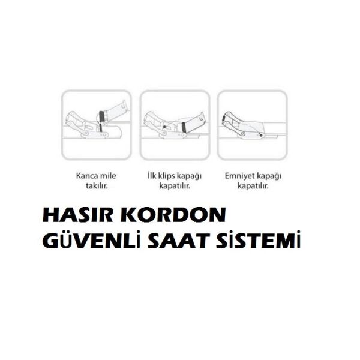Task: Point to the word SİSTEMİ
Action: tap(261, 241)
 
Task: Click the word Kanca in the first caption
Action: tap(87, 176)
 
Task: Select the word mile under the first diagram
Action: tap(109, 176)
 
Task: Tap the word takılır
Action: tap(97, 187)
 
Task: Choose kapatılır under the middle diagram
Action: tap(174, 187)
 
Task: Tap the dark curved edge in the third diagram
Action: tap(227, 118)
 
